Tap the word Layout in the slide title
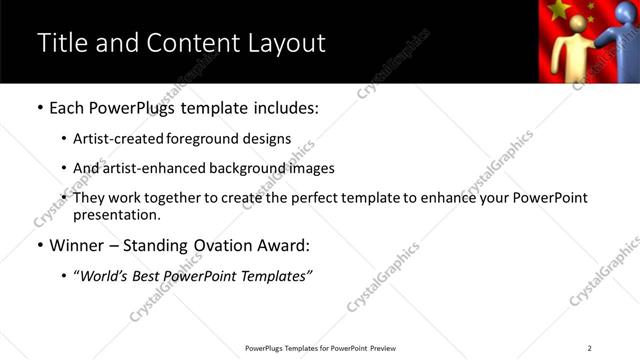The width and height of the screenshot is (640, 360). (288, 43)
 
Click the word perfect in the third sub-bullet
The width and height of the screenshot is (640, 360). (302, 198)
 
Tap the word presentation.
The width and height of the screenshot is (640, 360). (116, 215)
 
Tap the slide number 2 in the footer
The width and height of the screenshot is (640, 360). (589, 348)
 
